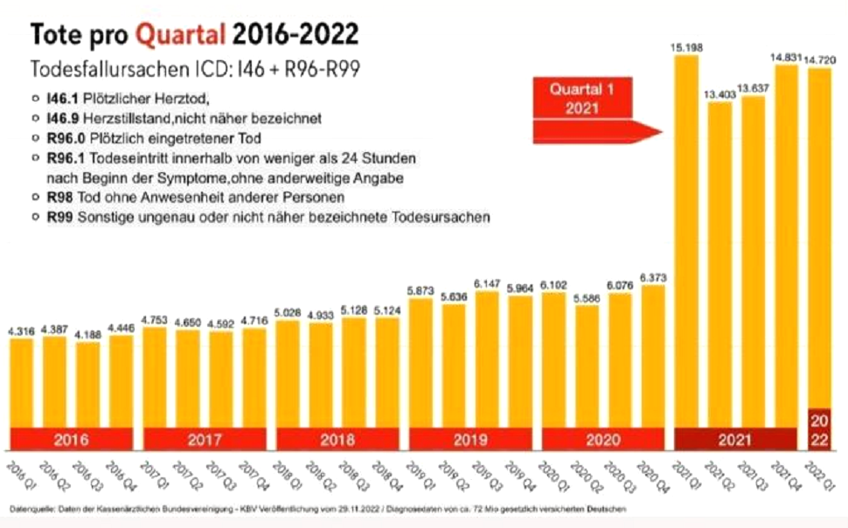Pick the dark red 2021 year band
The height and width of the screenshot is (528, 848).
[734, 441]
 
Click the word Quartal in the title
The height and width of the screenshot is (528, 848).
[181, 34]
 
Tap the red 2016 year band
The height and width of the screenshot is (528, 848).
[72, 441]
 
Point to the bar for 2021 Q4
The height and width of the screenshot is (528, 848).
[785, 245]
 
